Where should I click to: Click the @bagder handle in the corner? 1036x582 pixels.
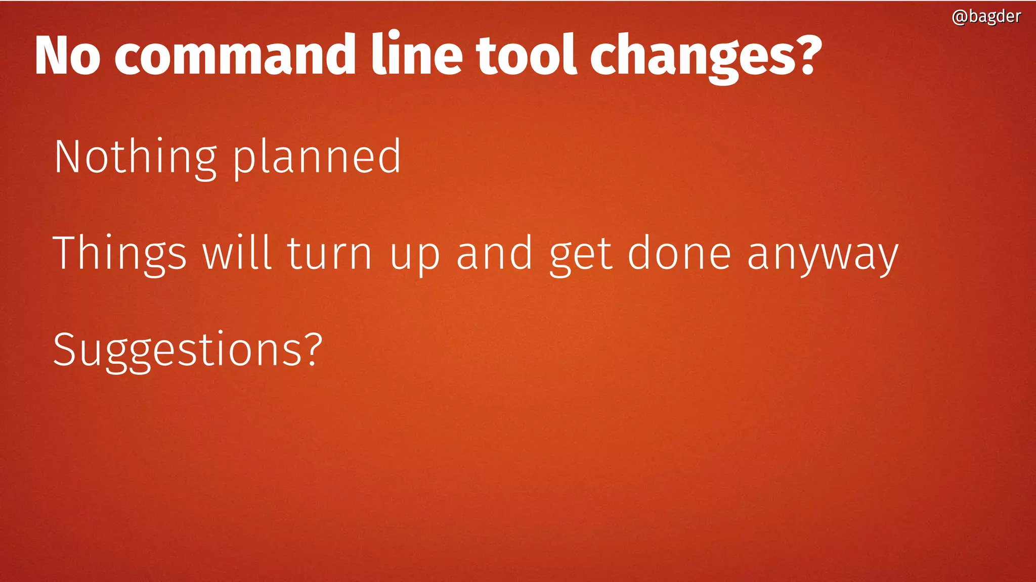pos(986,17)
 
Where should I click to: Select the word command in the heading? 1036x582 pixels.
pos(235,55)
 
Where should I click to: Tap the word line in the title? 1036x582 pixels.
pos(417,55)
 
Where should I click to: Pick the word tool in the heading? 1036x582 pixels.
pos(526,55)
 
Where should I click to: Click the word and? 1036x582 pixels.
pos(494,253)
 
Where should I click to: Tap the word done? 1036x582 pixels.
pos(679,253)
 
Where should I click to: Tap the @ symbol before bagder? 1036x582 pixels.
pos(960,17)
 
